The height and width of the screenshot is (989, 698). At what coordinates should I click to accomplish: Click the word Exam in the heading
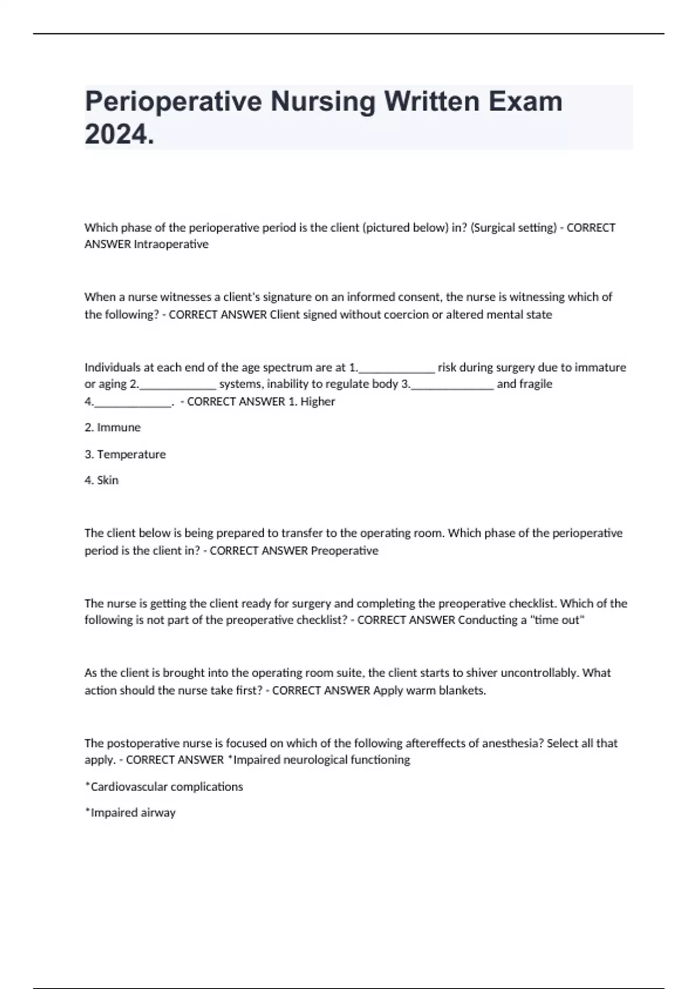[525, 101]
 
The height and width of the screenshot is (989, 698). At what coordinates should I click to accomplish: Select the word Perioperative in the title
[173, 101]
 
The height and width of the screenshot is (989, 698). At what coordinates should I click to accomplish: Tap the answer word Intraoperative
[171, 244]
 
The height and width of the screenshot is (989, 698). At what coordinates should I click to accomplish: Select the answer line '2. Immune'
[113, 428]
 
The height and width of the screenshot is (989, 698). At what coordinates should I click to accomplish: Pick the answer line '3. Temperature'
[125, 454]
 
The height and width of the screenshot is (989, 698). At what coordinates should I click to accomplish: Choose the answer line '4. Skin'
[102, 481]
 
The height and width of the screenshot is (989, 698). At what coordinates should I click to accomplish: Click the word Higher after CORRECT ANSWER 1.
[318, 401]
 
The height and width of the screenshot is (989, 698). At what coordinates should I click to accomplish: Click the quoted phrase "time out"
[557, 620]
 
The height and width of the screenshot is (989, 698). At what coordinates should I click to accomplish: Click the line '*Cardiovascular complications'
[164, 787]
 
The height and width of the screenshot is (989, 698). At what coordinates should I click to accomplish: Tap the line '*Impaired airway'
[130, 813]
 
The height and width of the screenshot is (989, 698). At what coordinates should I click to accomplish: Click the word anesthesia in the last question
[514, 743]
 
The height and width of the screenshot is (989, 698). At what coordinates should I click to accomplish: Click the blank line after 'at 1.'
[397, 368]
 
